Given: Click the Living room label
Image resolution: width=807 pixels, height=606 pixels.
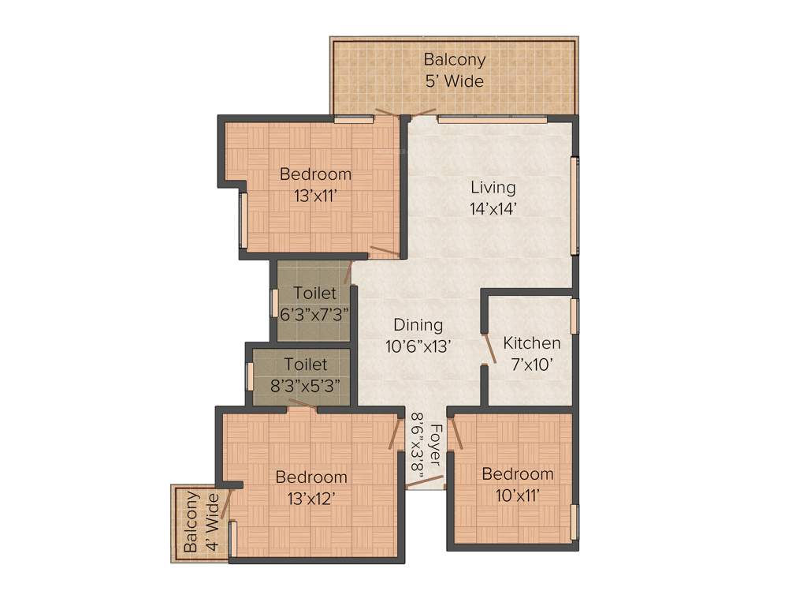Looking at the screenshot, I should tap(493, 188).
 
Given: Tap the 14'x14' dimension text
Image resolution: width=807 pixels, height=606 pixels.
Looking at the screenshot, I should tap(493, 208).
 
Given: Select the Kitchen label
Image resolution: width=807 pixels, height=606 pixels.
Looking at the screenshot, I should tap(532, 343).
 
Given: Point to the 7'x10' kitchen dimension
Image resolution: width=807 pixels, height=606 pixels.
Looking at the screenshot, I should tap(532, 364).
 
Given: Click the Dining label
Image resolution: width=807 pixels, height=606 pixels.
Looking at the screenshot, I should tap(418, 325).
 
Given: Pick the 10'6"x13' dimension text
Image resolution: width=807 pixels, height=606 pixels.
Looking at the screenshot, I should tap(418, 346).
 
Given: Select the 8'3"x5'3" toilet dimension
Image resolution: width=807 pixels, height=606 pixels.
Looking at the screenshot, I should tap(305, 386).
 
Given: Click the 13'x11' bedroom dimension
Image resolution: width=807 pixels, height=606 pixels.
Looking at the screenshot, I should tap(315, 196).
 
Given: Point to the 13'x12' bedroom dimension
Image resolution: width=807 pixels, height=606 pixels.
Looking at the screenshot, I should tap(311, 498).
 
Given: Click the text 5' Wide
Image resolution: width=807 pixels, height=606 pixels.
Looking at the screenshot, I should tap(454, 80).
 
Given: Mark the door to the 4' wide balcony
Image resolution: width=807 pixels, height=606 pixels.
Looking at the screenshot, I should tap(226, 503).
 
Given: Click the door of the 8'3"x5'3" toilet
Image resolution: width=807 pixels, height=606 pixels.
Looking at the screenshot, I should tap(303, 404).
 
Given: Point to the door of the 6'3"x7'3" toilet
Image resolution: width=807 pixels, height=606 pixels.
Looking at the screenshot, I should tap(347, 273).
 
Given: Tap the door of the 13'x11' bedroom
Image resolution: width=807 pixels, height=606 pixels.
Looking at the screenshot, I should tap(385, 251).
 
